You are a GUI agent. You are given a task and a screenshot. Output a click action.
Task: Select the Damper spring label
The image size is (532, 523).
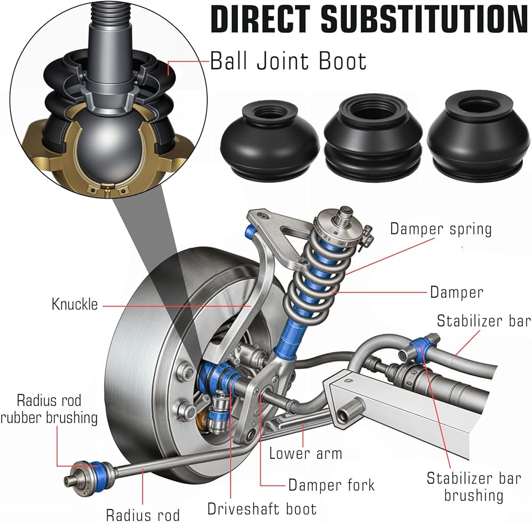440,229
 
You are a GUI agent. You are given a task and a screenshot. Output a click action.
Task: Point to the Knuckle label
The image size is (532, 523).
74,305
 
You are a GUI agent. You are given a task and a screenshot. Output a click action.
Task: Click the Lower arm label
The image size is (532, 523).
305,453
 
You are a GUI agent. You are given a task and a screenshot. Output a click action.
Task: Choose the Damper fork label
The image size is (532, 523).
331,485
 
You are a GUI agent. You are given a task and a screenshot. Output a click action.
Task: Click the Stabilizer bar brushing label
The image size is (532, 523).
473,486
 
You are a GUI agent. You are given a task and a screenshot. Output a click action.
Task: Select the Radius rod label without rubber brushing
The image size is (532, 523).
143,514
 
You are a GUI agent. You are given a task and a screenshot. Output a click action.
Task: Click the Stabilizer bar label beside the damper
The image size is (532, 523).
483,321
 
